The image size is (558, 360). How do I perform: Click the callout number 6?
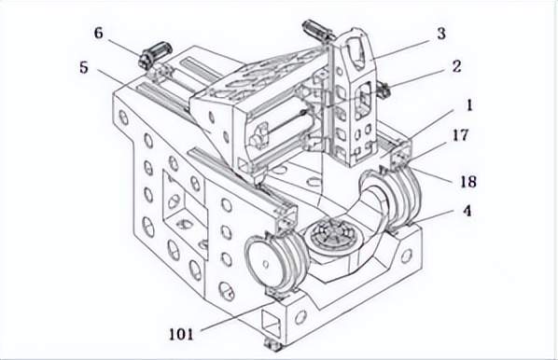(x=99, y=33)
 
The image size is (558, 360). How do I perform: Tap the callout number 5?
(x=84, y=67)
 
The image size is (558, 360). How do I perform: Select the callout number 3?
(x=441, y=34)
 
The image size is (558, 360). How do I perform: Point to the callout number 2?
(x=456, y=66)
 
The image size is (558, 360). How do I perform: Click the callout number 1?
(x=469, y=105)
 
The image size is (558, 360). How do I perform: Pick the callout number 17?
(x=461, y=135)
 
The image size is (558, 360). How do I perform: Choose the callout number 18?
(x=468, y=182)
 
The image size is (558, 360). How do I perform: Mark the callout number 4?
(x=467, y=211)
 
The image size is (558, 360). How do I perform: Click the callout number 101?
(x=181, y=335)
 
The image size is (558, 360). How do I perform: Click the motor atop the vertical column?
(x=318, y=30)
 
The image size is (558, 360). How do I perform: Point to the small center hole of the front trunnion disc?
(x=265, y=264)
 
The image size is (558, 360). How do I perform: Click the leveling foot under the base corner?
(x=272, y=344)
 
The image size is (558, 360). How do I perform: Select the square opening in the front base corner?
(x=272, y=323)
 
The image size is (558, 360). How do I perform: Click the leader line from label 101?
(x=238, y=316)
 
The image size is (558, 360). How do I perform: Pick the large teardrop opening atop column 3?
(x=359, y=53)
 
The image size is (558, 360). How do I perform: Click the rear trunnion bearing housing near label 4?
(x=400, y=200)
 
